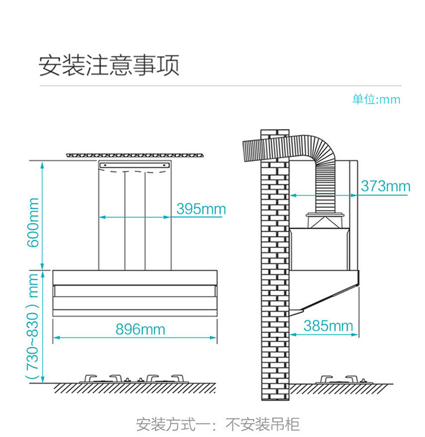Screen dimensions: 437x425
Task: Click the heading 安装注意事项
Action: pyautogui.click(x=109, y=66)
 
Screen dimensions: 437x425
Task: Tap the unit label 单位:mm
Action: pyautogui.click(x=376, y=100)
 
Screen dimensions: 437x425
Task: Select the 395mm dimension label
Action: pyautogui.click(x=201, y=209)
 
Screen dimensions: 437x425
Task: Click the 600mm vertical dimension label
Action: pyautogui.click(x=34, y=222)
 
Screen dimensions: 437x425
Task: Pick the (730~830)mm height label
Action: pyautogui.click(x=34, y=327)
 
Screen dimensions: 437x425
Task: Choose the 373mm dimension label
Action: pyautogui.click(x=385, y=186)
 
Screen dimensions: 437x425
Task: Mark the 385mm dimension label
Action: pyautogui.click(x=328, y=326)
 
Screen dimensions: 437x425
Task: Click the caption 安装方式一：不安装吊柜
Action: pyautogui.click(x=218, y=424)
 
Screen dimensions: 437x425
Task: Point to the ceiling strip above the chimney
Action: pyautogui.click(x=134, y=155)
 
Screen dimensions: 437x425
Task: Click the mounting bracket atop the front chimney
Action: pyautogui.click(x=134, y=165)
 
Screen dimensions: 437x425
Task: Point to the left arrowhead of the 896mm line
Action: pyautogui.click(x=56, y=338)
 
